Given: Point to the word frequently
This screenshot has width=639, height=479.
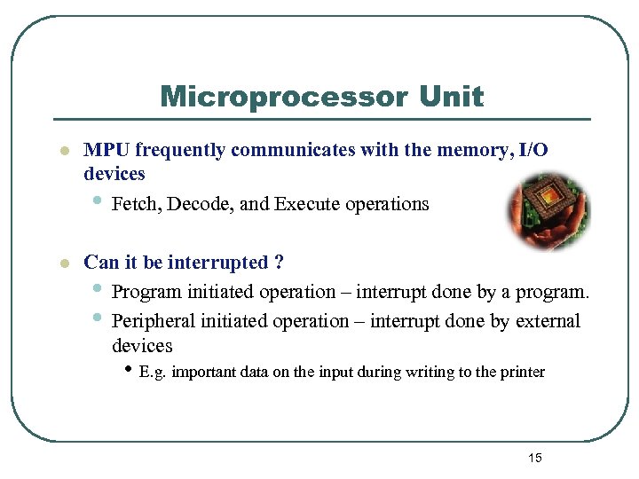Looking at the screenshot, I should pos(180,150).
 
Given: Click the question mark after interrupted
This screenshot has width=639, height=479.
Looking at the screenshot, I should pos(279,263).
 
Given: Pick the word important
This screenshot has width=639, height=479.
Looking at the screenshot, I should pos(203,372).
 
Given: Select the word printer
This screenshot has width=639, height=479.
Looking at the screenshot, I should pos(521,372).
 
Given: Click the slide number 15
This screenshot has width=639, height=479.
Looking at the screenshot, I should pos(534,458).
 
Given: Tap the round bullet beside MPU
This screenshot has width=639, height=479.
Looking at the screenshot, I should pos(63,152).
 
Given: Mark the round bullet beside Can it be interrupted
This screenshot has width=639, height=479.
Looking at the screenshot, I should pos(63,264).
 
